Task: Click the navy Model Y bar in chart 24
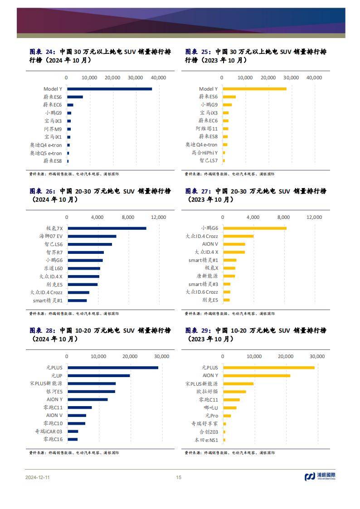tap(109, 89)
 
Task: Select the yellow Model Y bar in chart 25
tap(254, 89)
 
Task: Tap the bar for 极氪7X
tap(107, 228)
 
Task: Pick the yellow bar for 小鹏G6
tap(254, 228)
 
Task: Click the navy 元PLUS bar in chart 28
tap(112, 367)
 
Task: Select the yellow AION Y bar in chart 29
tap(257, 375)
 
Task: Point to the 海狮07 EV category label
tap(51, 236)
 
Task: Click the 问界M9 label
tap(53, 129)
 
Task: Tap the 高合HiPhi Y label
tap(204, 153)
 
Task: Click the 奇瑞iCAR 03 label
tap(49, 431)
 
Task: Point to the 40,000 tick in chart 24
tap(158, 78)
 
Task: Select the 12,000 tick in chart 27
tap(314, 217)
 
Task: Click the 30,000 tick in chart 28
tap(161, 356)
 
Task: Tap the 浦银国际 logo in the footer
tap(320, 476)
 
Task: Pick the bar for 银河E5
tap(91, 391)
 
